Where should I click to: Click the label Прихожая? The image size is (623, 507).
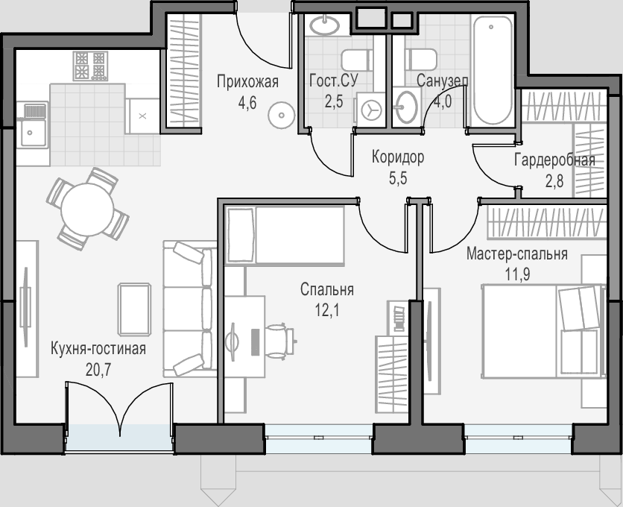247,82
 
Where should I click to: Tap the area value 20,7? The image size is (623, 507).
98,370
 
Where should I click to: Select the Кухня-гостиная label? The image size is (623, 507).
98,349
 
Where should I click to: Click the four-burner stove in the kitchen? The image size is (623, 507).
90,66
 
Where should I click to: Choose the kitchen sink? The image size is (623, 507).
33,125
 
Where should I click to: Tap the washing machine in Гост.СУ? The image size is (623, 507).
370,110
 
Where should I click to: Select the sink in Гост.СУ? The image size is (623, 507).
325,25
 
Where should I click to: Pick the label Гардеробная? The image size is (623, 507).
554,160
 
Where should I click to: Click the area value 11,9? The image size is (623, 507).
517,274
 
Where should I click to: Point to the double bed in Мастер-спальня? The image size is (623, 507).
543,330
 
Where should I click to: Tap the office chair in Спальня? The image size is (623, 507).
280,338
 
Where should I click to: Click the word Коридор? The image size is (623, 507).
398,157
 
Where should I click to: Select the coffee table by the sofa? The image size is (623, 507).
135,309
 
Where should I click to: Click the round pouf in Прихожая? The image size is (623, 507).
281,116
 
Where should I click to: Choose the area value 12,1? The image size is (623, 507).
327,311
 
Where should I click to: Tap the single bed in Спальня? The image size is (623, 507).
285,236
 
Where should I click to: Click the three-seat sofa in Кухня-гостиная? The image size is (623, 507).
190,309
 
